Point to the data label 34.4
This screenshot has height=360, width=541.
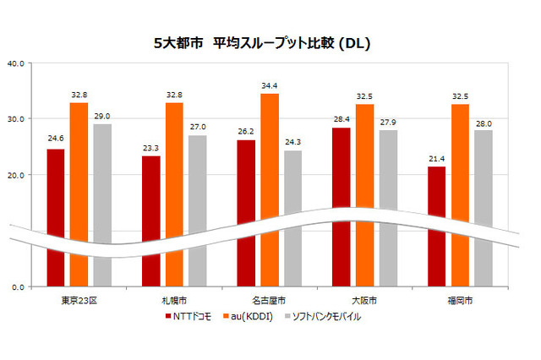pos(270,86)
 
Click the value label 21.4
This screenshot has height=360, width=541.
pos(436,159)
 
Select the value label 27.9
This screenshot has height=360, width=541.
pos(388,123)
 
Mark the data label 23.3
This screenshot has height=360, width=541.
pos(150,148)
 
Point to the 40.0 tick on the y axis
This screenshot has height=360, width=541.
pos(15,63)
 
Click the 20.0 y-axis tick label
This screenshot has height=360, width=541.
pos(15,175)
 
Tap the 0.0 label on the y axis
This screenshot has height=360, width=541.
pos(18,287)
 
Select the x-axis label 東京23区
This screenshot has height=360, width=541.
pos(79,300)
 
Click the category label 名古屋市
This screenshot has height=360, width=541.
pos(270,300)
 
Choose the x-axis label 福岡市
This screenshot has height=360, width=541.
pos(460,300)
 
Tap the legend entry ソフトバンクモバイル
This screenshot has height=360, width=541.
pos(326,316)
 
